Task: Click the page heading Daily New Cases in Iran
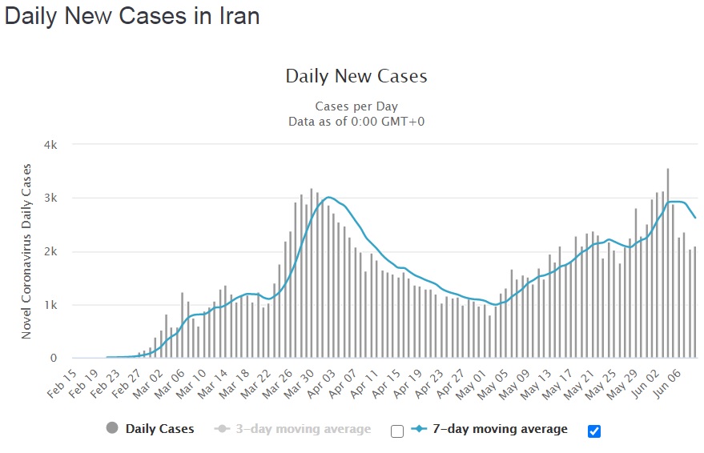132,16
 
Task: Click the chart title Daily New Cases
356,77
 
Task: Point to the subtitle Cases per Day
356,106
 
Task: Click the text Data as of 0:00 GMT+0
356,121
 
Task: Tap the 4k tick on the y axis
50,145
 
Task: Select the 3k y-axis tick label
50,198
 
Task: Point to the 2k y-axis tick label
50,252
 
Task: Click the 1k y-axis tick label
50,306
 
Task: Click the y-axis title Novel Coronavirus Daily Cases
26,251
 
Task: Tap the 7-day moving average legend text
500,429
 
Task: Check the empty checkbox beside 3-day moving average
397,431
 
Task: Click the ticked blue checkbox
593,431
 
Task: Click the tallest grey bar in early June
668,264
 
